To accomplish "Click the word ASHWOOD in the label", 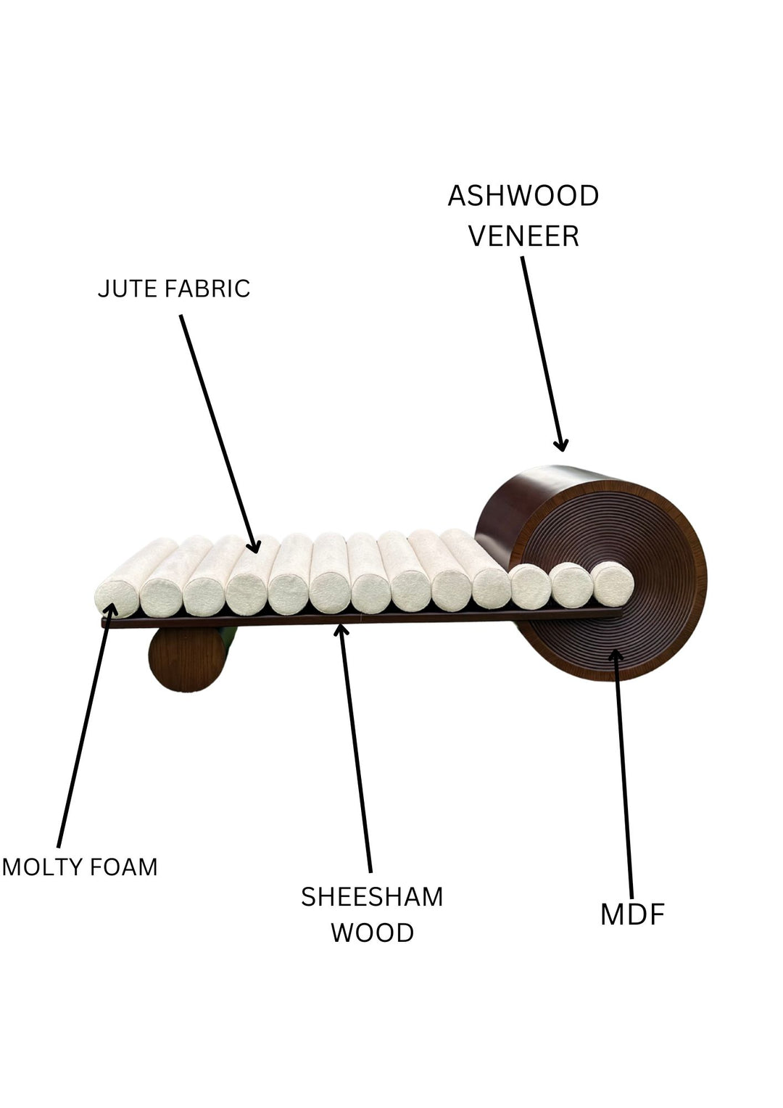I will pyautogui.click(x=523, y=196).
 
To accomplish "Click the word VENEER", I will pyautogui.click(x=523, y=236).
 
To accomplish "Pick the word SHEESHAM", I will pyautogui.click(x=372, y=898).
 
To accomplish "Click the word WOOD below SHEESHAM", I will pyautogui.click(x=372, y=933).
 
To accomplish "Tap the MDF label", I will pyautogui.click(x=632, y=915).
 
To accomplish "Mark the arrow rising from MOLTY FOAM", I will pyautogui.click(x=84, y=732).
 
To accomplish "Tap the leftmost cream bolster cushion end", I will pyautogui.click(x=116, y=599).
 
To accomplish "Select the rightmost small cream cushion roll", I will pyautogui.click(x=613, y=583).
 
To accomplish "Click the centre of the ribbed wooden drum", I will pyautogui.click(x=613, y=580).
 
